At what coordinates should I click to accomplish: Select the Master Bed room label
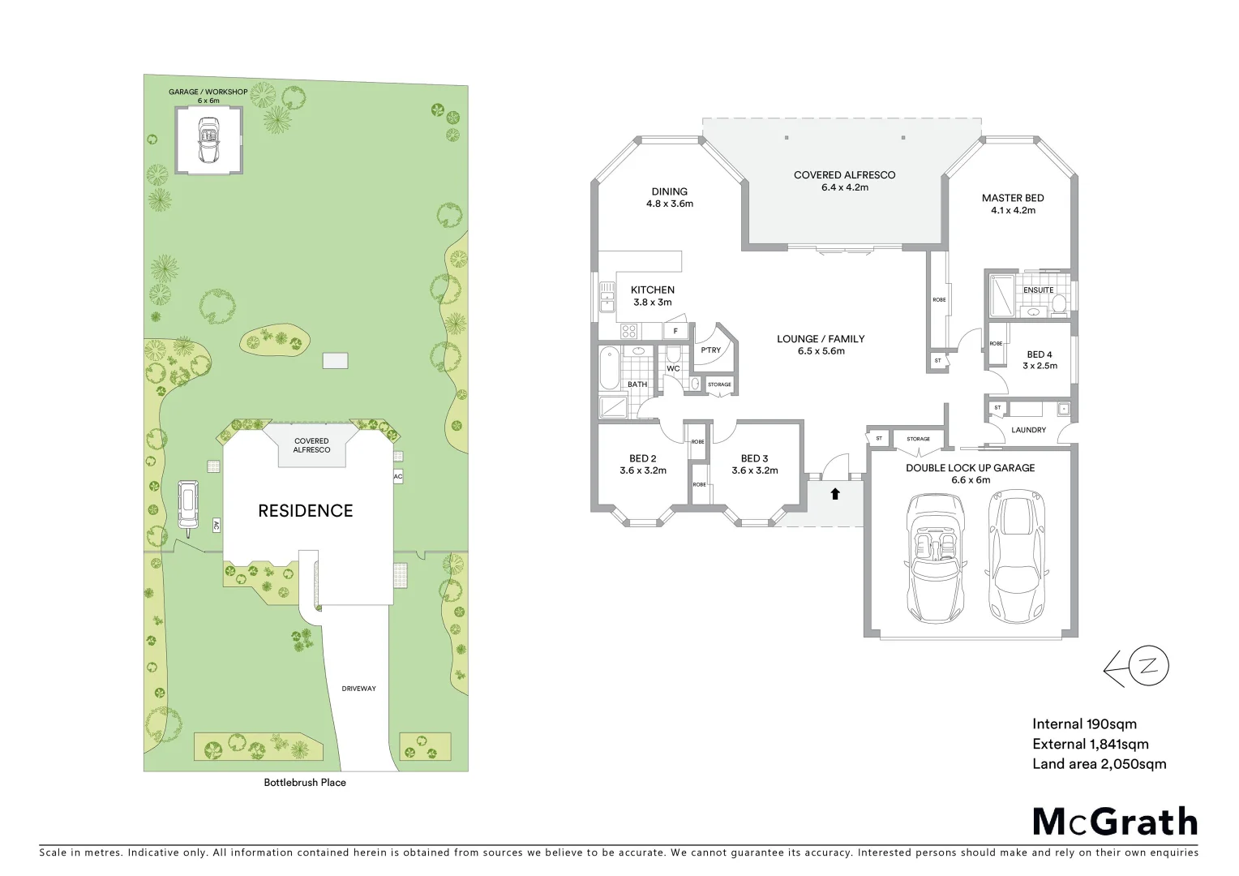click(x=1013, y=204)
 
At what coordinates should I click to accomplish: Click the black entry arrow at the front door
click(x=834, y=492)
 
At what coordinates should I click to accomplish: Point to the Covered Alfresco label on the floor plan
click(x=844, y=181)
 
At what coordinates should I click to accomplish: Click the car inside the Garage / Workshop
click(x=208, y=141)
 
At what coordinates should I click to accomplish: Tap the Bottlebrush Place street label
click(x=305, y=783)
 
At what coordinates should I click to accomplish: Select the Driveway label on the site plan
click(x=358, y=689)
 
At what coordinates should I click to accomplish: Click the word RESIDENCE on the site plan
click(x=306, y=511)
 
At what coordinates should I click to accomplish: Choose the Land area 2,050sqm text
click(x=1099, y=763)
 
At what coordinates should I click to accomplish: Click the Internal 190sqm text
click(x=1084, y=724)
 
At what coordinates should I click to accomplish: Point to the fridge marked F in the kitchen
click(x=675, y=331)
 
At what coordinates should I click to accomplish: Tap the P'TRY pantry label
click(x=710, y=350)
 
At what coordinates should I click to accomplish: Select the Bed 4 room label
click(x=1040, y=360)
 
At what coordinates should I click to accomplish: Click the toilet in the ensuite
click(x=1058, y=303)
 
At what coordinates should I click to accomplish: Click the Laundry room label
click(x=1029, y=430)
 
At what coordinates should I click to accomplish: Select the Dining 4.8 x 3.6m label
click(x=669, y=198)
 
